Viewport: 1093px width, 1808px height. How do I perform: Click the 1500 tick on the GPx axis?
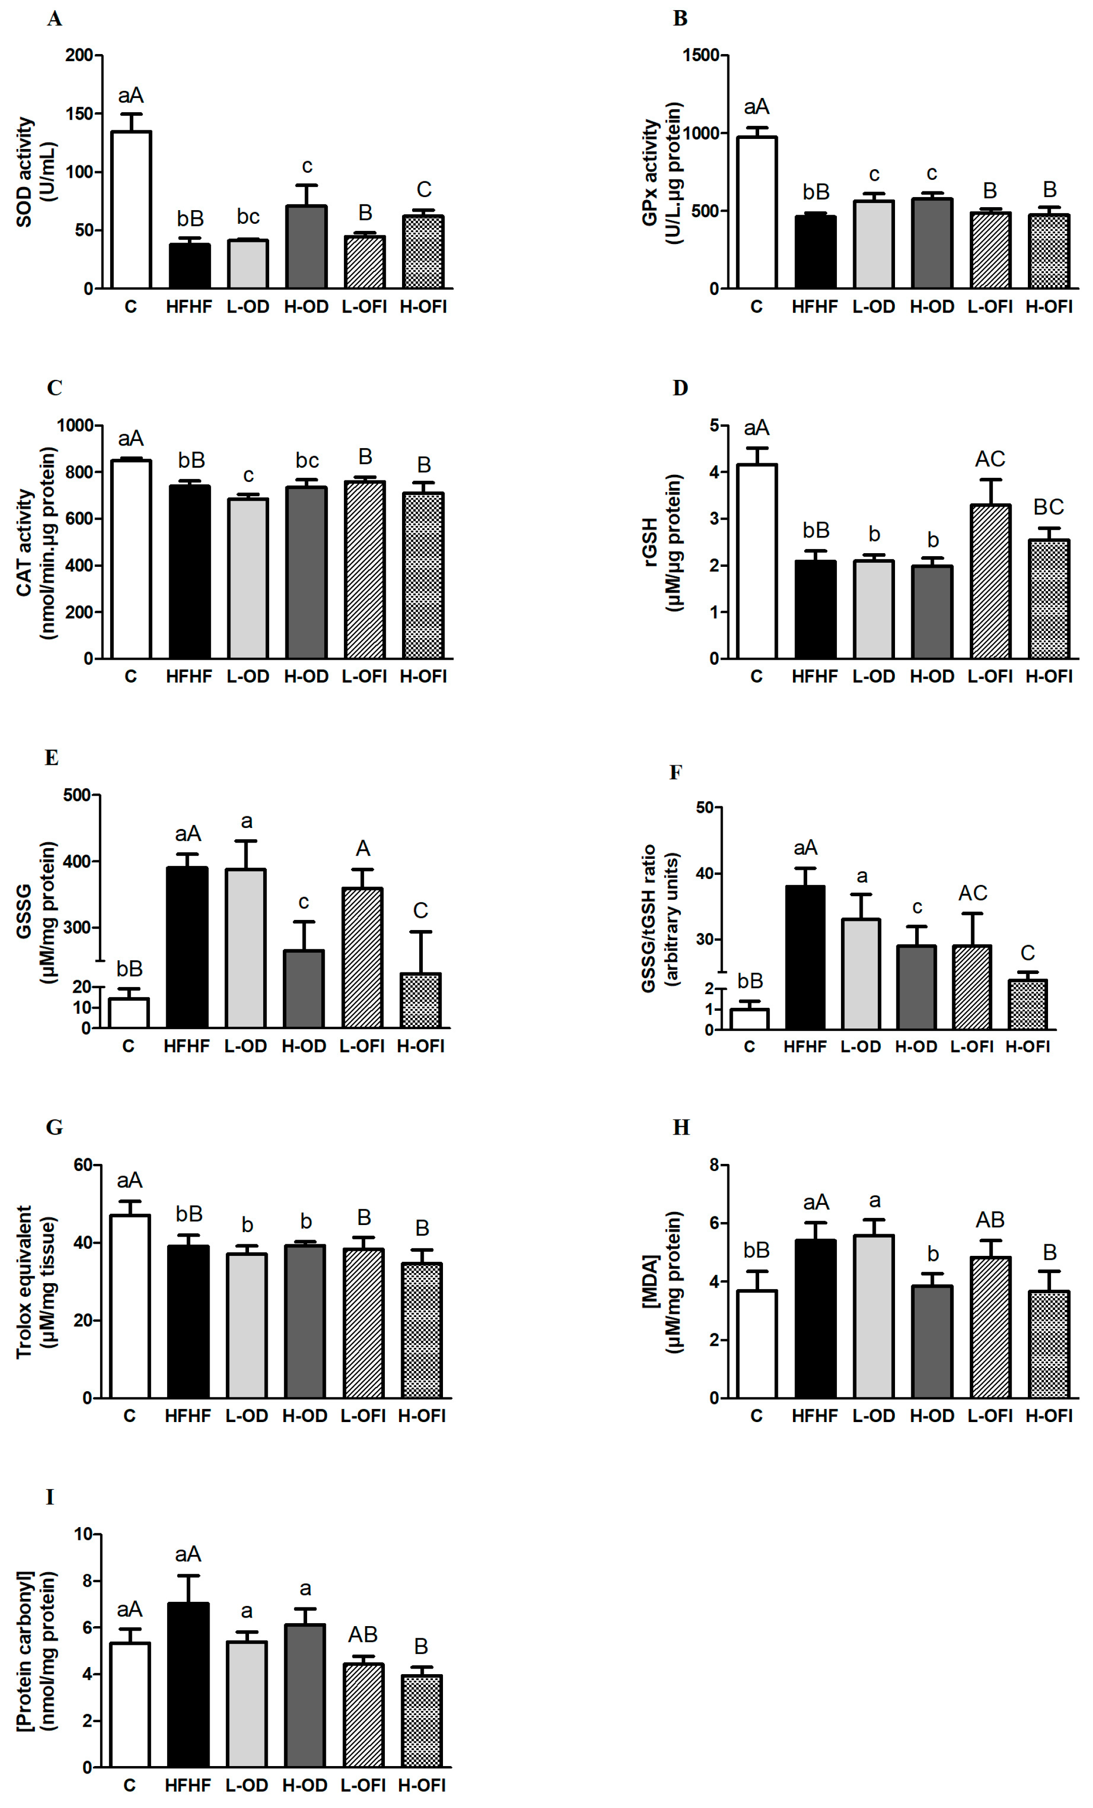[x=701, y=56]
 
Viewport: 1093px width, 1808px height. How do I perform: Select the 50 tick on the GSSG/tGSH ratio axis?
[x=704, y=808]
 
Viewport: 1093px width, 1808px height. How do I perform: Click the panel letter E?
[x=52, y=757]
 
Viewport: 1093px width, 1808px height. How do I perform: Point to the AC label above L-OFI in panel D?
[x=989, y=459]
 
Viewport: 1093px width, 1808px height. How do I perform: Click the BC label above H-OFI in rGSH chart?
[x=1048, y=507]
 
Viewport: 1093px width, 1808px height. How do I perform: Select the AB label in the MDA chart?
[x=989, y=1220]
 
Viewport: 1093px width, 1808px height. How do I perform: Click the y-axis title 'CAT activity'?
[x=25, y=543]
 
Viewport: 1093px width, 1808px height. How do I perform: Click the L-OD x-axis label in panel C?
[x=247, y=676]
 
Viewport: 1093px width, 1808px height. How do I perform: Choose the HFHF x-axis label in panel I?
[x=188, y=1785]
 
